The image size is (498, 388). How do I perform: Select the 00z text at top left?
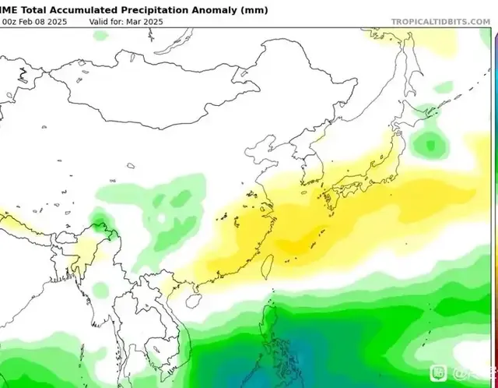pos(9,21)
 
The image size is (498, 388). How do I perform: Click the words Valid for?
pos(108,21)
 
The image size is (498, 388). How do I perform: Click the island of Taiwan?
pos(262,265)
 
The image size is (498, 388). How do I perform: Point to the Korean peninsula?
pos(307,168)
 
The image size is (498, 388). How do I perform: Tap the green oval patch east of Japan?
pos(427,143)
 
